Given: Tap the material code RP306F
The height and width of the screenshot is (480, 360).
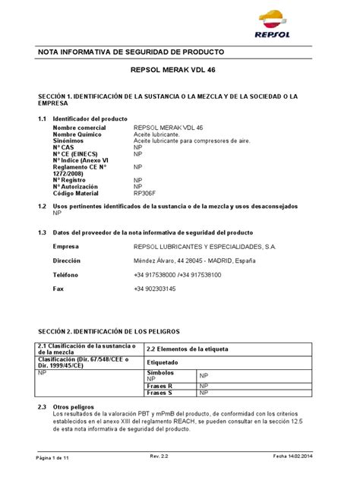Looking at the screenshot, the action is pyautogui.click(x=144, y=193).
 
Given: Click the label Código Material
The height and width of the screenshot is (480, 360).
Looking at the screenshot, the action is pyautogui.click(x=77, y=193).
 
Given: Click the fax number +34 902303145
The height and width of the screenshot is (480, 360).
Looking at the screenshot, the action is pyautogui.click(x=155, y=289).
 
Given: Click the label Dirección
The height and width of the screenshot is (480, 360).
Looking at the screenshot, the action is pyautogui.click(x=67, y=261).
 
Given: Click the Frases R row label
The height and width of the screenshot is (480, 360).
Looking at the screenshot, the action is pyautogui.click(x=160, y=386).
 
